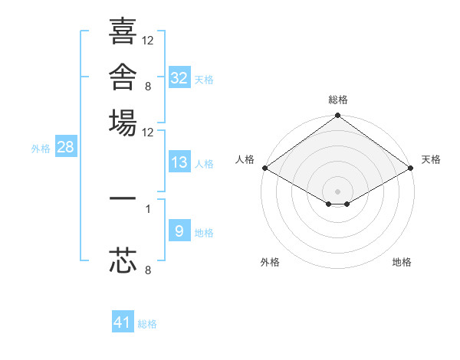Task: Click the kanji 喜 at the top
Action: click(x=123, y=31)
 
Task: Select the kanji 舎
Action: click(x=123, y=77)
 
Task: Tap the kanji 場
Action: click(x=123, y=123)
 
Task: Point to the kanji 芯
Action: click(x=123, y=260)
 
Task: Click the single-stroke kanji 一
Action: click(x=123, y=198)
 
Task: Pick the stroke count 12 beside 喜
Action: click(x=147, y=41)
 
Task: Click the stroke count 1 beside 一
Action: click(x=148, y=209)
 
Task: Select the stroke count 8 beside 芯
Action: click(x=148, y=270)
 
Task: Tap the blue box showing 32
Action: click(x=179, y=77)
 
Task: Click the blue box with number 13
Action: click(x=179, y=162)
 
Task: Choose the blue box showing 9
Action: click(x=179, y=230)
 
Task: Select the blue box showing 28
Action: click(x=66, y=146)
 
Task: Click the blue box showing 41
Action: click(x=123, y=321)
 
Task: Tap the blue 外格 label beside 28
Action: click(x=41, y=149)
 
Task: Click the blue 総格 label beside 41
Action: click(x=147, y=324)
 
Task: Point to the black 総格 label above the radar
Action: click(x=338, y=100)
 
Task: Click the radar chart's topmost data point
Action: click(x=337, y=115)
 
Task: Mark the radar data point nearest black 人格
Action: click(x=265, y=168)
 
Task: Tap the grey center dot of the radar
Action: click(x=337, y=191)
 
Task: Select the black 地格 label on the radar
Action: click(x=402, y=262)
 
